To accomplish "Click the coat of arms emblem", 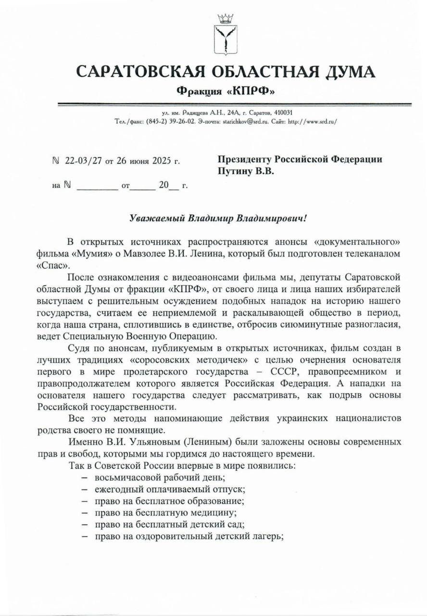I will click(x=225, y=40).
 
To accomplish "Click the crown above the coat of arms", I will click(x=225, y=19).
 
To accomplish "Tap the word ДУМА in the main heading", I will click(x=344, y=72).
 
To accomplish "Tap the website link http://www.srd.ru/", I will click(x=312, y=121).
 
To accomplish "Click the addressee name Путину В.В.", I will click(x=246, y=171).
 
